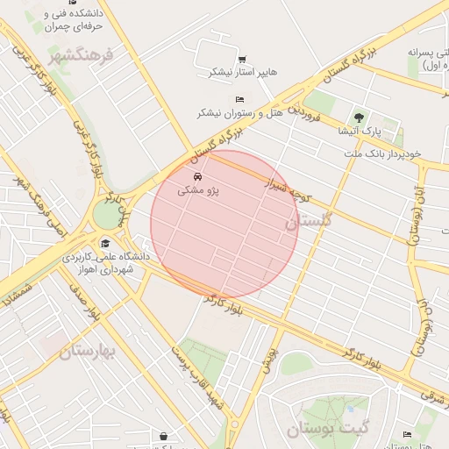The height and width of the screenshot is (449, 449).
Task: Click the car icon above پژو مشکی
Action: point(196,176)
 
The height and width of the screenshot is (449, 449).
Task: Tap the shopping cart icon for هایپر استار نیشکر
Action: point(241,59)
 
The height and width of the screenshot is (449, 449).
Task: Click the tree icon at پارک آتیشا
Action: point(357,117)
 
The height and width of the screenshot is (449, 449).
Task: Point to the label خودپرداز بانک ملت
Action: point(382,153)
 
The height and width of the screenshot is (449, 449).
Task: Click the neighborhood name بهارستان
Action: point(88,353)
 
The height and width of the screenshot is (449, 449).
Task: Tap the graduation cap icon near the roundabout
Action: point(106,243)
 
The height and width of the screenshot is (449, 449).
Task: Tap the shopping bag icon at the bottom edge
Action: point(163,435)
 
